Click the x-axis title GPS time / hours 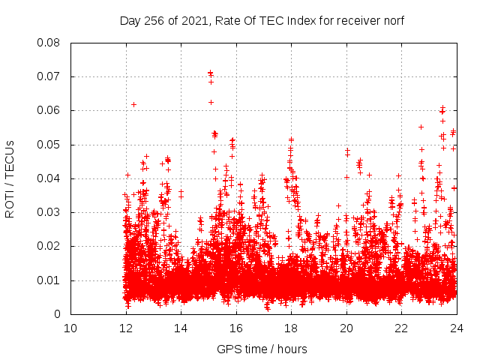click(262, 349)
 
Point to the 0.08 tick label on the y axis click(49, 43)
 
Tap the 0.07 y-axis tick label click(49, 76)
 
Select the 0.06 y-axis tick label click(49, 110)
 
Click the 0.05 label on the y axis click(49, 145)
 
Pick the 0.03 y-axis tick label click(49, 212)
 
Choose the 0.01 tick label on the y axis click(49, 280)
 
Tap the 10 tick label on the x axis click(70, 328)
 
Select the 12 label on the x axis click(126, 328)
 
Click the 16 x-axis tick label click(236, 328)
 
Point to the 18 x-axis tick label click(291, 328)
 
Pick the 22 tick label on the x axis click(401, 328)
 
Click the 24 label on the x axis click(456, 328)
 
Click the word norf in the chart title click(394, 20)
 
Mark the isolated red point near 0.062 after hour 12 click(133, 104)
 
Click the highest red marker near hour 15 click(210, 73)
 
